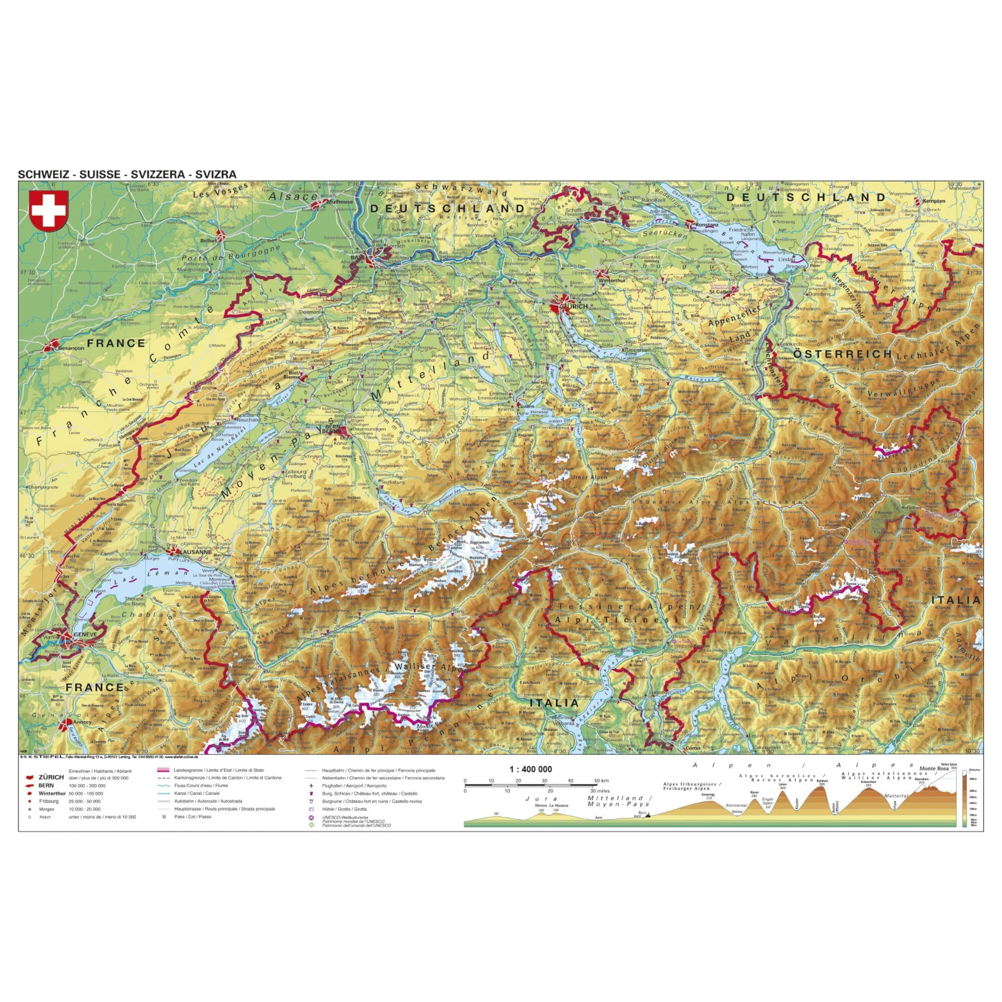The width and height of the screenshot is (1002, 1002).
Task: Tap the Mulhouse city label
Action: click(x=340, y=201)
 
